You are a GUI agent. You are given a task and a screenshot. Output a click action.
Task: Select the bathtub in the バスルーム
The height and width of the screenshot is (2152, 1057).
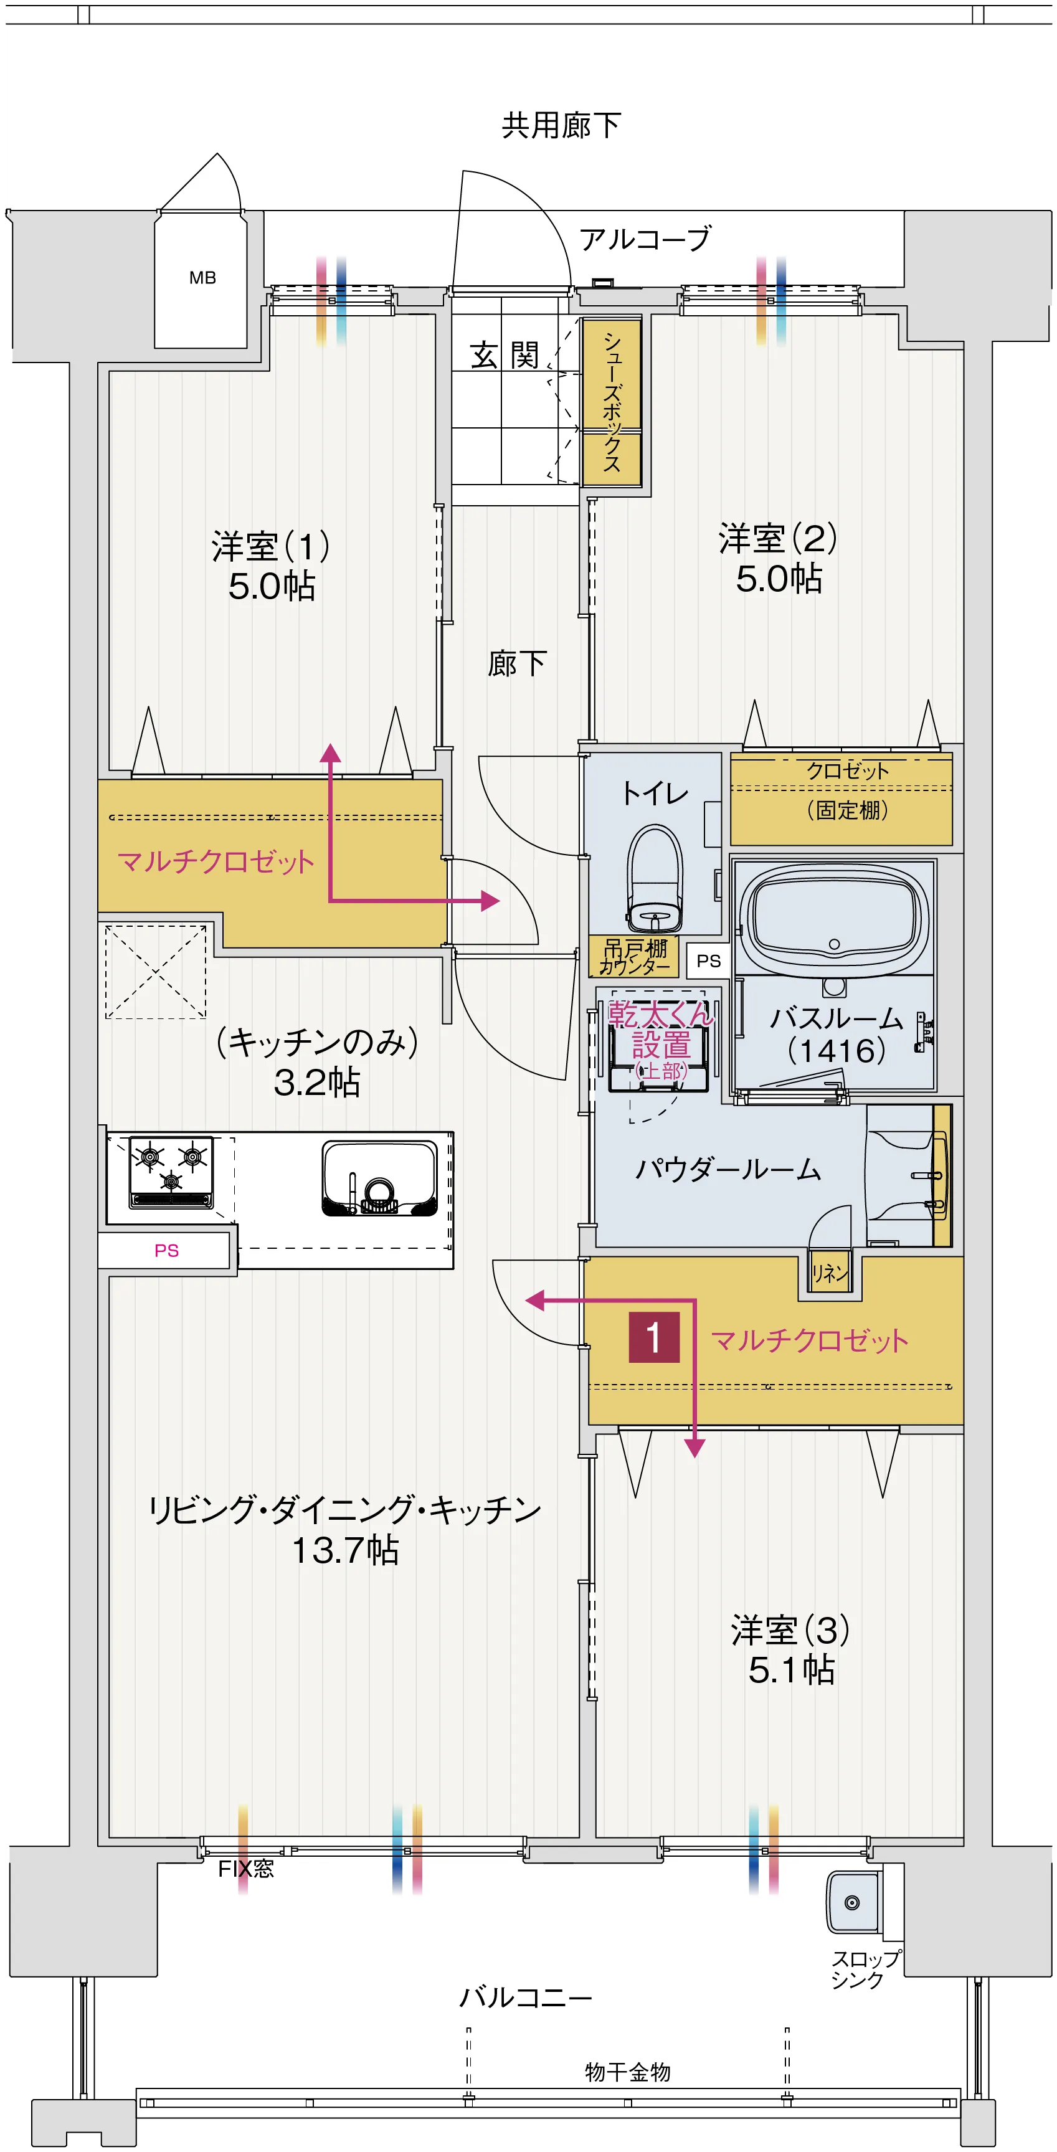click(x=834, y=917)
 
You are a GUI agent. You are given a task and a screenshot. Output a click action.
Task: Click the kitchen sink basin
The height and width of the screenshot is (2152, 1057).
click(x=379, y=1178)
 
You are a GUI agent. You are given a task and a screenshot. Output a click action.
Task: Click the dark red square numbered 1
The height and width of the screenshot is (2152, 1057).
click(x=653, y=1337)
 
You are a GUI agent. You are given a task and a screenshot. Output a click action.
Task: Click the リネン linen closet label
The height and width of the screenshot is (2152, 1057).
click(x=830, y=1273)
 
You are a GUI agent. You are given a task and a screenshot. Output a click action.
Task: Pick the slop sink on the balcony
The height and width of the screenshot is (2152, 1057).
click(x=852, y=1902)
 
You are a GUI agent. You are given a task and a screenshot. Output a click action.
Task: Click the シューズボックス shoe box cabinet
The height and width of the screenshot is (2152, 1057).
click(x=612, y=402)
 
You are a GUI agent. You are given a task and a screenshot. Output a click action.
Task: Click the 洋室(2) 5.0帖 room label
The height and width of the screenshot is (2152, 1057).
click(x=778, y=558)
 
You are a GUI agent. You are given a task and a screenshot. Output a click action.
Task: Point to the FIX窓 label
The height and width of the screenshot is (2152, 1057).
click(x=245, y=1869)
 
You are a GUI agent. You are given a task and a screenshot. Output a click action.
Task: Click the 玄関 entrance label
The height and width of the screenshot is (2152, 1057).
click(x=505, y=356)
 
